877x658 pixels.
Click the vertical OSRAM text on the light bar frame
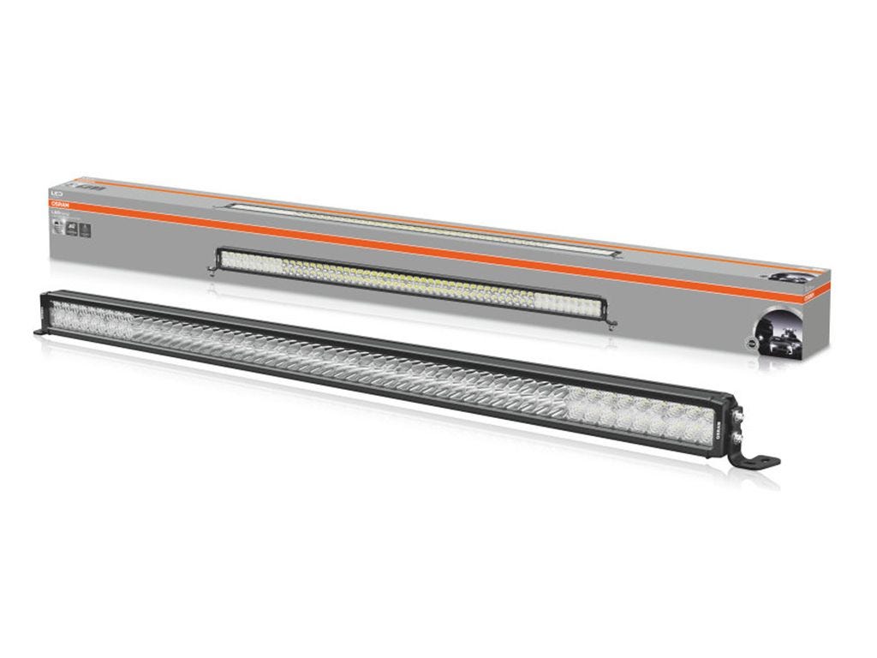(719, 425)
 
